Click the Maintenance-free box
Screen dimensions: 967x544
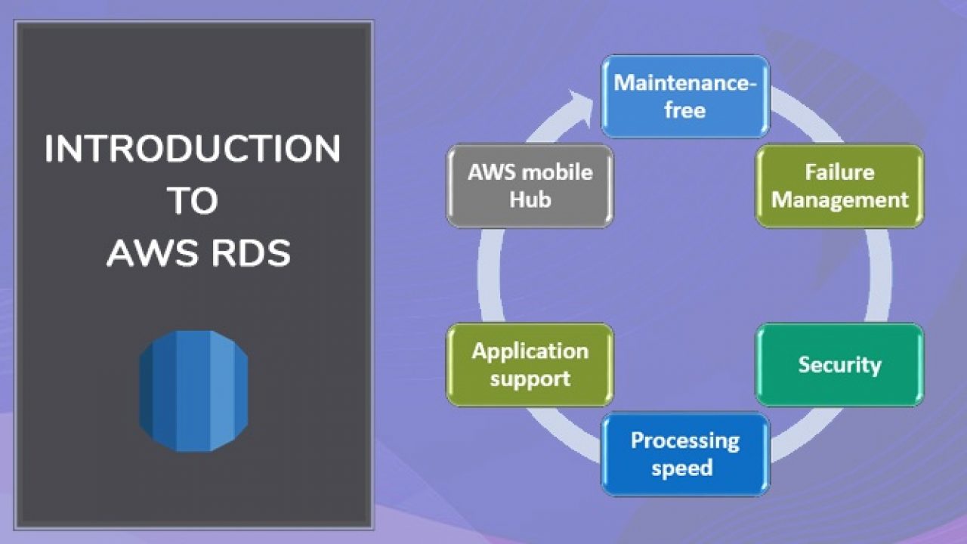(685, 96)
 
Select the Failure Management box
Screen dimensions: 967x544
(839, 186)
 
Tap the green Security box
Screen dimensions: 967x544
(839, 365)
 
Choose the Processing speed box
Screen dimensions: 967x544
(685, 454)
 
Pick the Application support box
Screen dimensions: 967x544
(530, 365)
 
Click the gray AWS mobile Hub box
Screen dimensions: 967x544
(530, 186)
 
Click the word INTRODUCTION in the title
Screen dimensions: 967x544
(193, 149)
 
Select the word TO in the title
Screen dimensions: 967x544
(193, 200)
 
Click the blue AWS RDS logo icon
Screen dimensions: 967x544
(193, 391)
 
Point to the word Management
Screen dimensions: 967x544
(839, 200)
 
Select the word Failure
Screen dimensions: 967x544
(839, 172)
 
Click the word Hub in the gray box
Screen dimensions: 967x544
(530, 200)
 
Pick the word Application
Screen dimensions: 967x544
(530, 351)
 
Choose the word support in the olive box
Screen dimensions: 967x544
(530, 379)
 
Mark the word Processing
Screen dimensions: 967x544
(685, 441)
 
